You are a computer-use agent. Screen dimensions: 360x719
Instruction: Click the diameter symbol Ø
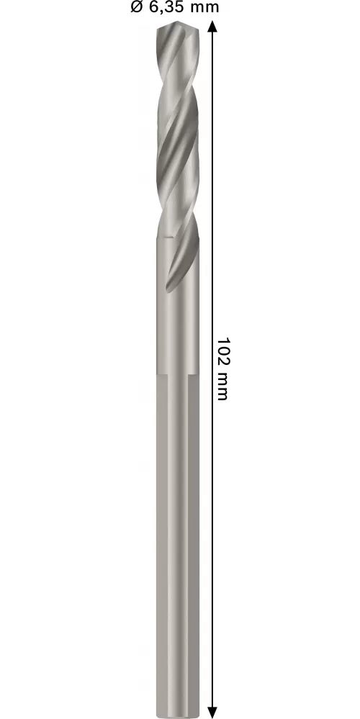(137, 7)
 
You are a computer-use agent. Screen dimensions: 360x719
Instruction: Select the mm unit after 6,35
(204, 8)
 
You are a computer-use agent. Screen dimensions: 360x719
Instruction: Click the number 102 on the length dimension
(222, 352)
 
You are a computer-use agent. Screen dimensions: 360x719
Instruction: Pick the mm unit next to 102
(222, 386)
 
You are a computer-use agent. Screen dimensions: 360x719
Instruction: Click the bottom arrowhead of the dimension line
(212, 712)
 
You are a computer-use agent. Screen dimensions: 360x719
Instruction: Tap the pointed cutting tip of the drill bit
(178, 22)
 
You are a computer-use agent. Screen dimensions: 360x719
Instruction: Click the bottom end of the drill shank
(178, 716)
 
